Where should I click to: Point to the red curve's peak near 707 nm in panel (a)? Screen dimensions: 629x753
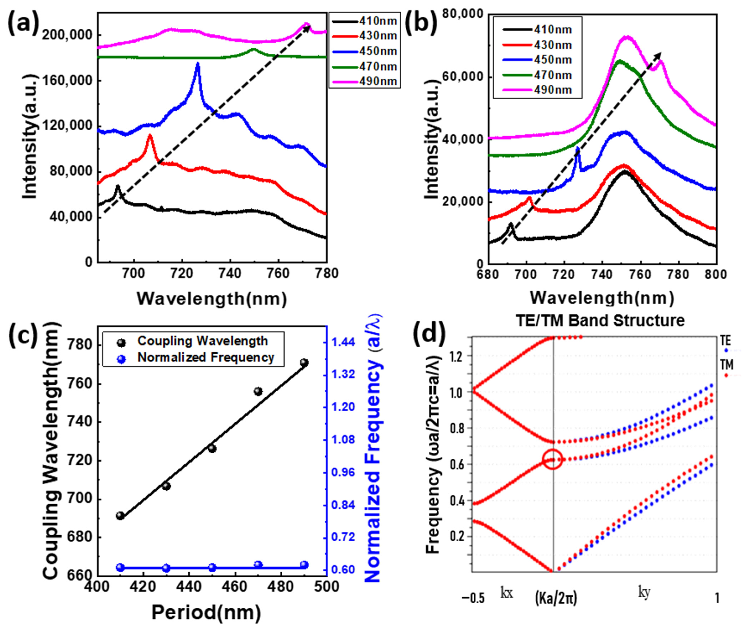point(150,136)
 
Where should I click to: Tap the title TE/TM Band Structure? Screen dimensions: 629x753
point(600,320)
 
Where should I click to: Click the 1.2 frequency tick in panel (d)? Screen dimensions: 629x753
point(458,356)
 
